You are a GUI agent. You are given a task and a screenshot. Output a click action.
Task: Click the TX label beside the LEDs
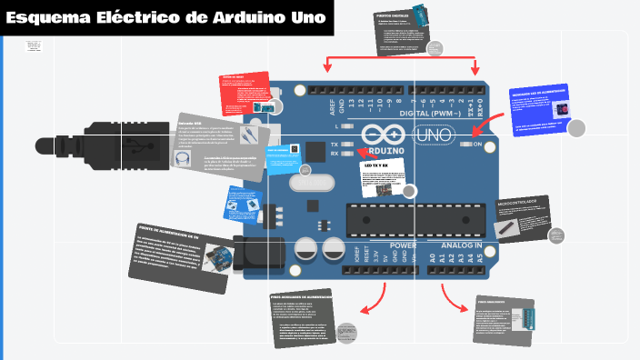click(x=335, y=145)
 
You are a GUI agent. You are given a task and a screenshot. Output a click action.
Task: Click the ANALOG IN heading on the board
click(x=462, y=245)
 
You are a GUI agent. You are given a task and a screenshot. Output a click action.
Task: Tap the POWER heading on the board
click(x=404, y=245)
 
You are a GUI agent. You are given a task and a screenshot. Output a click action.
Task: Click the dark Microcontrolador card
click(x=523, y=219)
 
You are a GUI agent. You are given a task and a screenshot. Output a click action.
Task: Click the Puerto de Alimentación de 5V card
click(x=180, y=258)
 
